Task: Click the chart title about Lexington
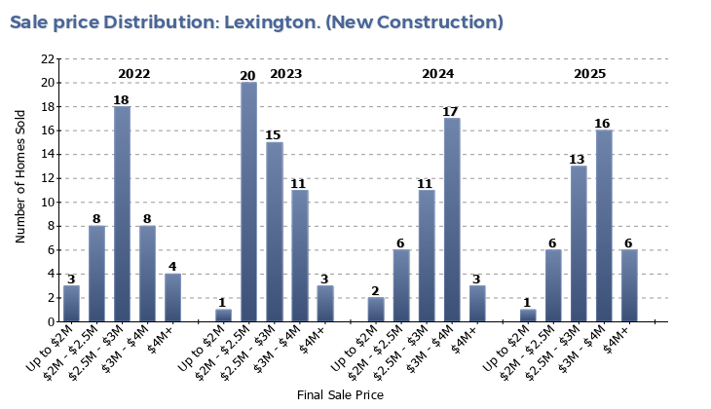[x=257, y=22]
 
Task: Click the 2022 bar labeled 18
[x=122, y=214]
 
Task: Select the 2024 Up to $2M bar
[x=376, y=310]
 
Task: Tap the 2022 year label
[x=133, y=74]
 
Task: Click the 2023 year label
[x=285, y=74]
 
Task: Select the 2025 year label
[x=589, y=74]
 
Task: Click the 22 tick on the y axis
[x=48, y=59]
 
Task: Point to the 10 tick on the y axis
[x=48, y=203]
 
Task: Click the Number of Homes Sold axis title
[x=21, y=190]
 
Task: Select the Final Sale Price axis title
[x=340, y=395]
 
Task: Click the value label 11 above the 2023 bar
[x=299, y=183]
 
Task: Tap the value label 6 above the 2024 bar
[x=401, y=243]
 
